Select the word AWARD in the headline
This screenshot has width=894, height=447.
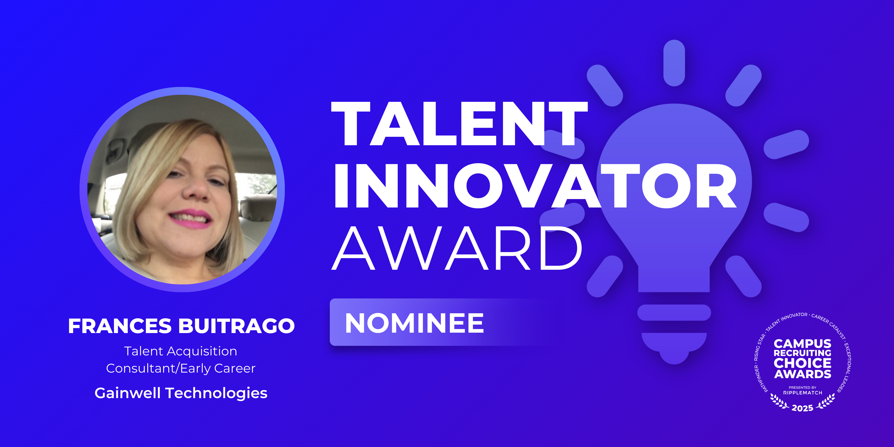457,248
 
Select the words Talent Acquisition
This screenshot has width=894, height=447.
180,351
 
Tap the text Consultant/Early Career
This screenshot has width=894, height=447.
180,368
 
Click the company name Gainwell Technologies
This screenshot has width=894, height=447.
181,393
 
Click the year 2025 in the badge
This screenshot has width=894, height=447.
802,408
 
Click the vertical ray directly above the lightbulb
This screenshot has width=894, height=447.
674,63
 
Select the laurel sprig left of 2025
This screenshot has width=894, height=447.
779,402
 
